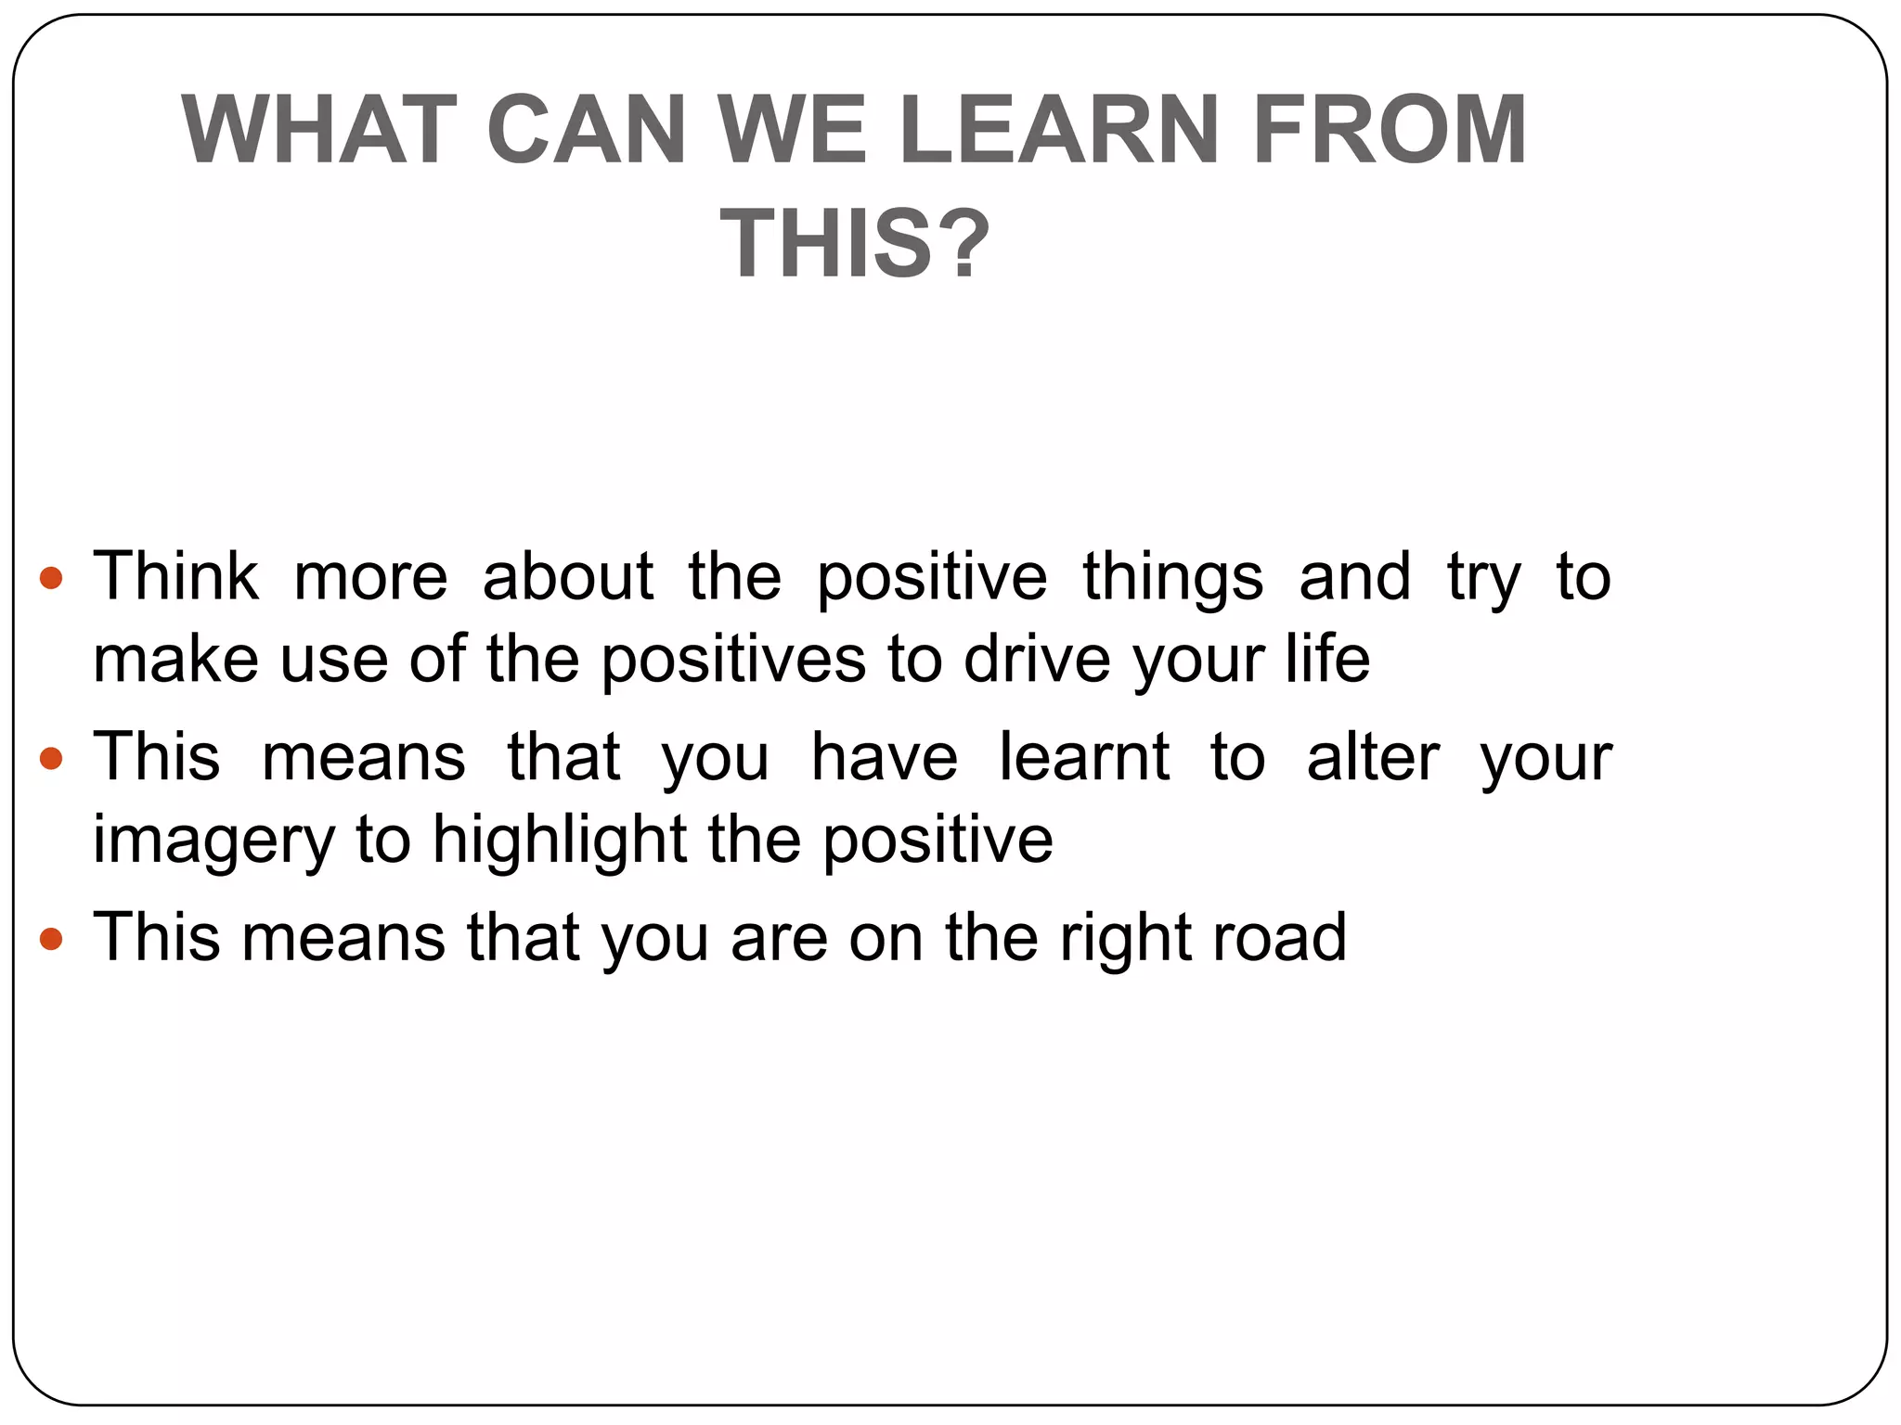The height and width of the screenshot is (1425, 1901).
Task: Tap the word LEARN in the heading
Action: [1058, 130]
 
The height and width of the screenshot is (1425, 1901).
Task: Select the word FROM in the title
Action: [1390, 130]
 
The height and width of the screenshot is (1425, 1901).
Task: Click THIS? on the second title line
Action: [855, 244]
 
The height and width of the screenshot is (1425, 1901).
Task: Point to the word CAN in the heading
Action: [586, 130]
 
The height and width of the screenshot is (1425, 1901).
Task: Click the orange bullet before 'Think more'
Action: [51, 579]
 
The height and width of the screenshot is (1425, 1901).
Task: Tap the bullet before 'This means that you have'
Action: [51, 760]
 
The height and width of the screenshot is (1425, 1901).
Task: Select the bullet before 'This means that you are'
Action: [51, 940]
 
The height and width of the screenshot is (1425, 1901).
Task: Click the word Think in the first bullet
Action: [175, 577]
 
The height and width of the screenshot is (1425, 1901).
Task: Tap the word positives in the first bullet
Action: [732, 661]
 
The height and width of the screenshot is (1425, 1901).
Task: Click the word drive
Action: [1037, 660]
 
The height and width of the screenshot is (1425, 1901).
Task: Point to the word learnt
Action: [1083, 758]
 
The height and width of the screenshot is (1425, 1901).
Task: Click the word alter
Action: [1373, 758]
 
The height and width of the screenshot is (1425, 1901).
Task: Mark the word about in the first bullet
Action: [567, 577]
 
